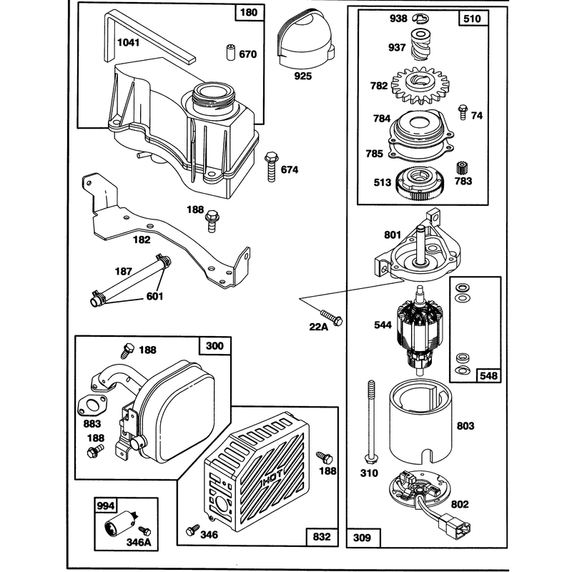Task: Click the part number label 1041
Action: pos(129,43)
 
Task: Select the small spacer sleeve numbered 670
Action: pos(230,52)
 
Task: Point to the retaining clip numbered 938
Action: pos(420,18)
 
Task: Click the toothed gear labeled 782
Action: pos(420,84)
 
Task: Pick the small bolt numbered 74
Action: pos(463,112)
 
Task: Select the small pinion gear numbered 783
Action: pos(462,169)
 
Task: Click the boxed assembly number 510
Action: pos(473,19)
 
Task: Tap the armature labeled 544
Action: pos(419,331)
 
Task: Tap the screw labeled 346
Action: pos(192,530)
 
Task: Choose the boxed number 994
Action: pos(106,506)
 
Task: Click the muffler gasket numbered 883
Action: pos(92,405)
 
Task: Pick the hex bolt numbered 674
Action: pos(271,167)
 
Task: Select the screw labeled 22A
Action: pos(332,317)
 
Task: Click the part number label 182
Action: pos(142,240)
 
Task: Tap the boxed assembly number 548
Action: pos(489,375)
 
